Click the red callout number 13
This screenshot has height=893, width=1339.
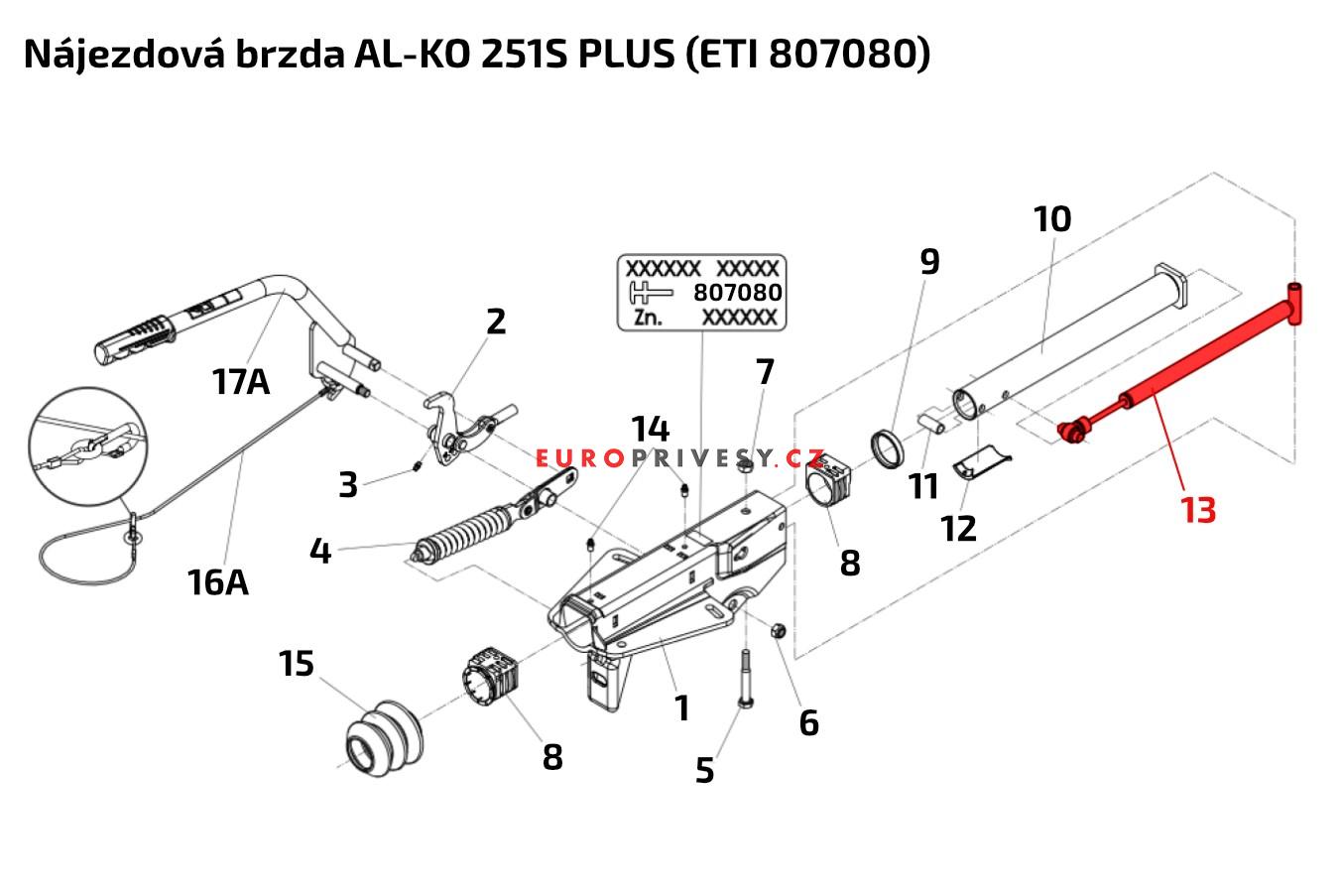tap(1197, 510)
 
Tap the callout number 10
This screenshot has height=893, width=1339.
tap(1051, 219)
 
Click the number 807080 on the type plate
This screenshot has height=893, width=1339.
tap(737, 293)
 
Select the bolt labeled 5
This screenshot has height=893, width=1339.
tap(747, 686)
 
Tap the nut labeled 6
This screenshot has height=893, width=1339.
tap(779, 629)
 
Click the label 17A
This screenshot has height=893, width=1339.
tap(240, 381)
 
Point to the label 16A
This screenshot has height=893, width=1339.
tap(217, 581)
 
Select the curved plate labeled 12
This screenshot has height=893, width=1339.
tap(982, 462)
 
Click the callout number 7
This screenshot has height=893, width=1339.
tap(764, 373)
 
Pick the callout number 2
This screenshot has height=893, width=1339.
tap(496, 321)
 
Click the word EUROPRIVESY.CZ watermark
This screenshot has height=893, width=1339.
tap(680, 458)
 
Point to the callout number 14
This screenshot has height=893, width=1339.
tap(651, 430)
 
